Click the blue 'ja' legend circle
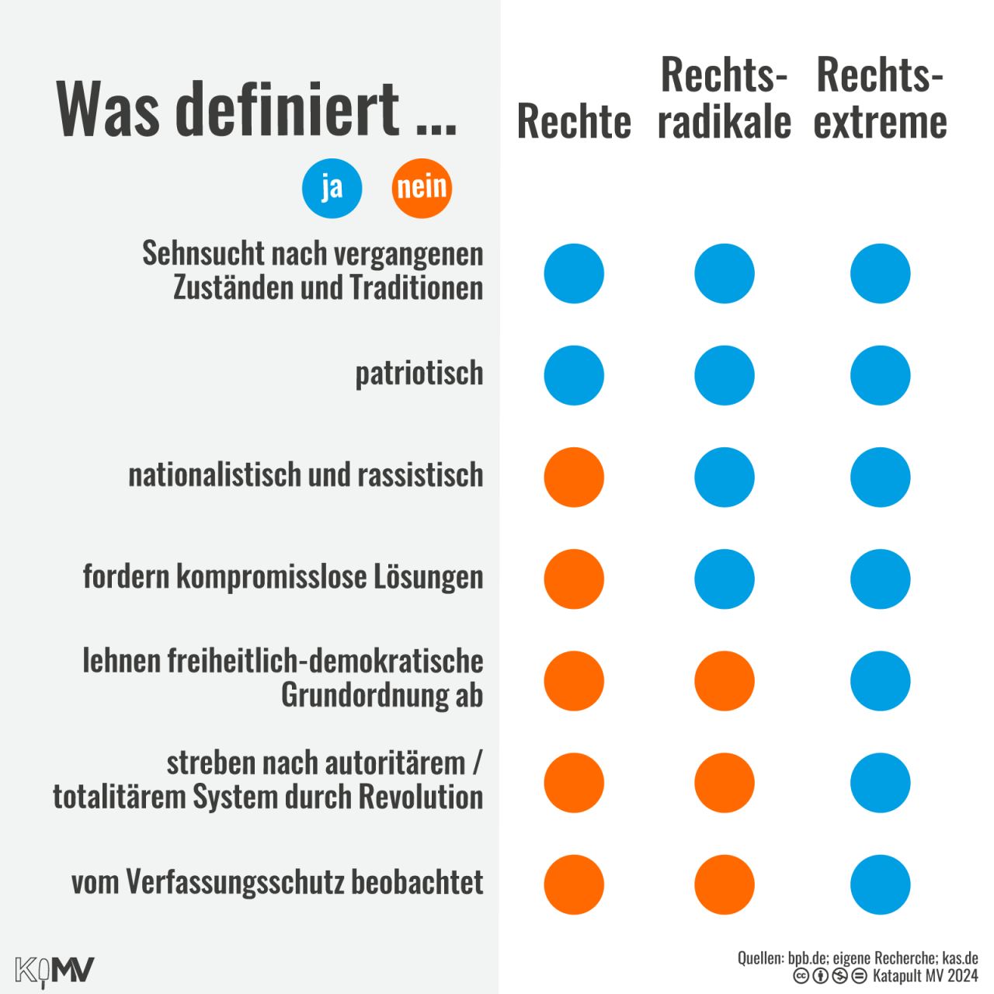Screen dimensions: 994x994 332,188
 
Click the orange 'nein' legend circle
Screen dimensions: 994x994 422,188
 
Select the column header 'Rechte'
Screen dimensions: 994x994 574,122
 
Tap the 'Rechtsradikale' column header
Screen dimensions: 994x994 725,99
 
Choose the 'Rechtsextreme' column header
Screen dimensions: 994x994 880,99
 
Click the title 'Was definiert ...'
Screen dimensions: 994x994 256,109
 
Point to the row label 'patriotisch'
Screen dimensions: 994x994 419,374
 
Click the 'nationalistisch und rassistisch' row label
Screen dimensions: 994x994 306,475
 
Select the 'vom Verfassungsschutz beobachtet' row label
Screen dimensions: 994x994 277,882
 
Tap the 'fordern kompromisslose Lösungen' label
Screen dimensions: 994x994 283,577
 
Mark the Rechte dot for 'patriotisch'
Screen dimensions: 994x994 574,376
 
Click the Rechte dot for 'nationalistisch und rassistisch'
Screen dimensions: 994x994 574,478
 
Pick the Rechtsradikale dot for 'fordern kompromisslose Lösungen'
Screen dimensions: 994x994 725,579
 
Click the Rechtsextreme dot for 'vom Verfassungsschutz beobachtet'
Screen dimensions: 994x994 880,885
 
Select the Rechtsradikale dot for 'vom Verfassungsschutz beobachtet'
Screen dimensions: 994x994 725,885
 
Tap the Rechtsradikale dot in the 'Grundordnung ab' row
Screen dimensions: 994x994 725,681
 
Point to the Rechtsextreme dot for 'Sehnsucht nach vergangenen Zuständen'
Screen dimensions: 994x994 880,274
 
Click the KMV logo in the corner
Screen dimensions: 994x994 54,971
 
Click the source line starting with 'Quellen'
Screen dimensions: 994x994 857,958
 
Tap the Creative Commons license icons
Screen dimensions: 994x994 829,976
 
